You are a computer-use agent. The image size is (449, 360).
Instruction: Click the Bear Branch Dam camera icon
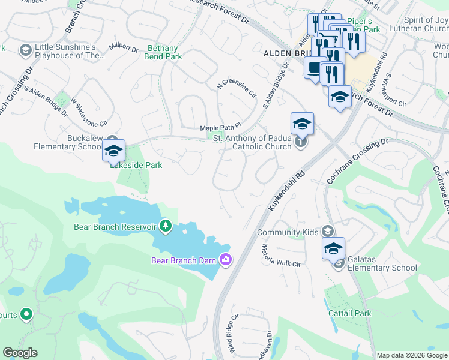pyautogui.click(x=226, y=260)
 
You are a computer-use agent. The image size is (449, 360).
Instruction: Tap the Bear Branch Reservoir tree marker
pyautogui.click(x=166, y=226)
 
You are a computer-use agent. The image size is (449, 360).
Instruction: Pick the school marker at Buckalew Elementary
pyautogui.click(x=113, y=151)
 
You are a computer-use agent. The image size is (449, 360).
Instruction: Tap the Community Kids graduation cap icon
pyautogui.click(x=327, y=231)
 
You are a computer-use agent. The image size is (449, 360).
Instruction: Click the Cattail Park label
pyautogui.click(x=350, y=313)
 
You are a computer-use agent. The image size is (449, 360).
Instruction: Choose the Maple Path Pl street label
pyautogui.click(x=220, y=127)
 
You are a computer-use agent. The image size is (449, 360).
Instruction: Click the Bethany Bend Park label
pyautogui.click(x=163, y=53)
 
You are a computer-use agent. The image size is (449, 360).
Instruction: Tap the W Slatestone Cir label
pyautogui.click(x=88, y=112)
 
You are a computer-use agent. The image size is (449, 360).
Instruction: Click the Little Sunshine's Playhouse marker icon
pyautogui.click(x=26, y=49)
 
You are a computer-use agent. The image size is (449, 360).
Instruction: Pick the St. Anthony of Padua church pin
pyautogui.click(x=301, y=142)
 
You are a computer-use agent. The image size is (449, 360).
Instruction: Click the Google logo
pyautogui.click(x=20, y=353)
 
